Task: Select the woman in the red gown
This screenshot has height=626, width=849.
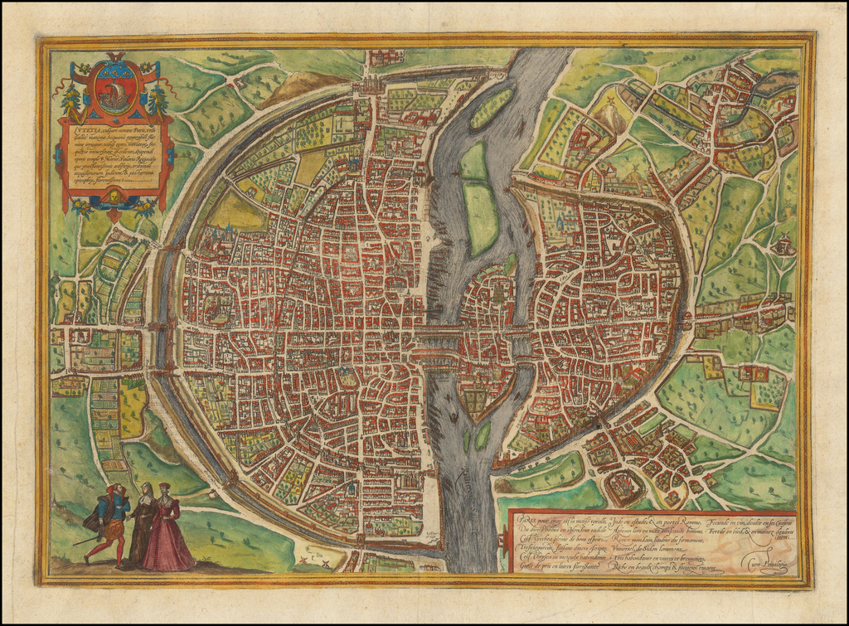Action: pos(167,531)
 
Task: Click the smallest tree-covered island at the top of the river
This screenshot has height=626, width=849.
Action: pos(491,108)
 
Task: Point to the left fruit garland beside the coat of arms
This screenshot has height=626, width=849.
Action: pos(71,99)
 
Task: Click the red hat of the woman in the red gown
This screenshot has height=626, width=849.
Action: pos(164,486)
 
